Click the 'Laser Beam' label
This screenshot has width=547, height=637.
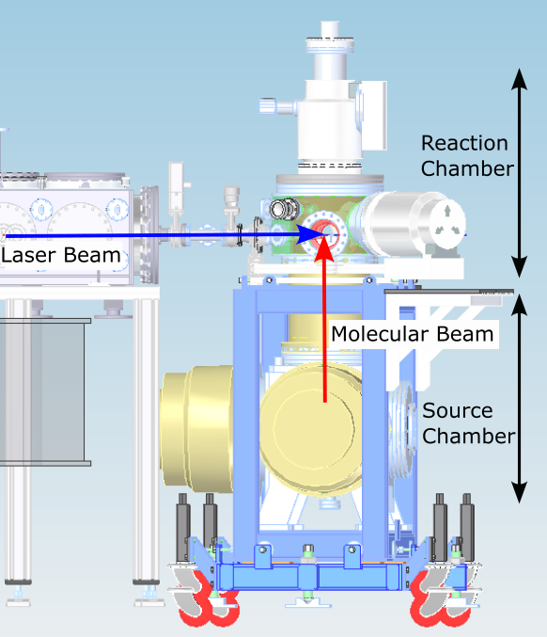coord(61,255)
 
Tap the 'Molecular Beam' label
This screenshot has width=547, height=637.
coord(413,334)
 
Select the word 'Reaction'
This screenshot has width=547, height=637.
coord(464,143)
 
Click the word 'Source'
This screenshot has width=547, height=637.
coord(458,410)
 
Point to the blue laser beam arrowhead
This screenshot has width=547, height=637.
coord(310,235)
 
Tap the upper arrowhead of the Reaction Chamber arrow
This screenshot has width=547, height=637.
coord(520,79)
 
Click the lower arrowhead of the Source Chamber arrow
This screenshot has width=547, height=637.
coord(520,492)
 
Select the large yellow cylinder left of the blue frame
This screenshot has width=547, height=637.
coord(196,428)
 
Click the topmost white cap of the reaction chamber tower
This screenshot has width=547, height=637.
coord(330,30)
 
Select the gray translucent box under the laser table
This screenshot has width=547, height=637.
coord(42,392)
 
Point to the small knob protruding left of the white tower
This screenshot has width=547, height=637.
coord(268,106)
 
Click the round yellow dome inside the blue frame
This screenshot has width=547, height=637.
coord(311,429)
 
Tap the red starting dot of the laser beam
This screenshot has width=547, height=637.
coord(4,235)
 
